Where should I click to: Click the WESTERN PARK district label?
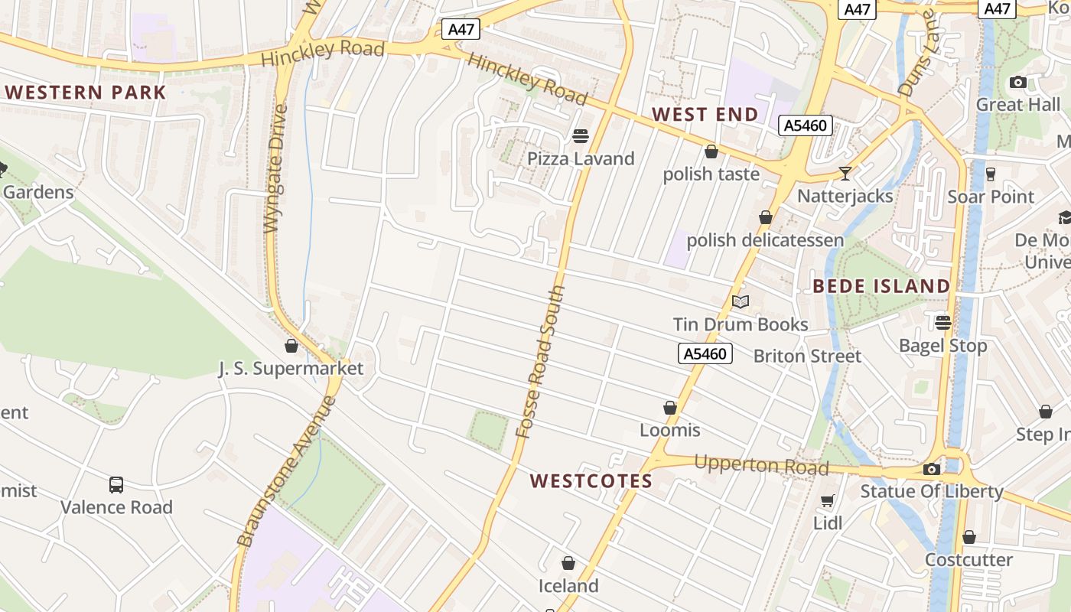86,93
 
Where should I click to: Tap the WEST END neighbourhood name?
705,115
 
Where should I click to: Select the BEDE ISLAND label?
881,286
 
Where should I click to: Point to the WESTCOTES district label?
591,481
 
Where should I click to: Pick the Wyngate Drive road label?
275,168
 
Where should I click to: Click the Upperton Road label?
761,465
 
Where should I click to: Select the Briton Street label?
807,356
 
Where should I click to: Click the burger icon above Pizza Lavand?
581,136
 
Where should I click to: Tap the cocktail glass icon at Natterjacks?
845,174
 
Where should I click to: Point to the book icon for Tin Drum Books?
740,301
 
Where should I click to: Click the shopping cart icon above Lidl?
827,501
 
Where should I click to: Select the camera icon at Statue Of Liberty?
932,469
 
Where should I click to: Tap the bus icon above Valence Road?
116,484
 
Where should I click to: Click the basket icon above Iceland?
568,564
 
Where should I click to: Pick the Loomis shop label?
670,430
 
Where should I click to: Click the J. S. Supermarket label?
291,369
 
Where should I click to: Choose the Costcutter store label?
968,559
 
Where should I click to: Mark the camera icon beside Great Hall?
1018,82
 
